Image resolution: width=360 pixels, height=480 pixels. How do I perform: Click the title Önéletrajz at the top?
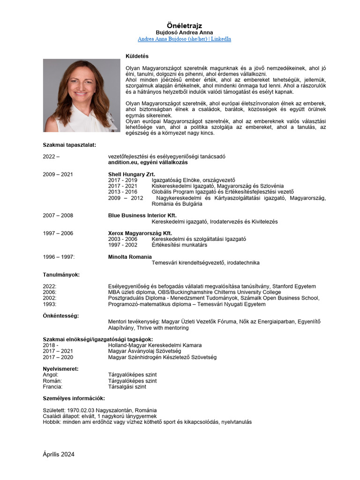click(184, 25)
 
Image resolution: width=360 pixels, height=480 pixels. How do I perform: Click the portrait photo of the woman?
click(82, 95)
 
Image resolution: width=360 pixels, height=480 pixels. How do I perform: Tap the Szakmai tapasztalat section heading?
click(69, 145)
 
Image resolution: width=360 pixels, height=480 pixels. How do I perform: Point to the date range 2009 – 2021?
click(58, 174)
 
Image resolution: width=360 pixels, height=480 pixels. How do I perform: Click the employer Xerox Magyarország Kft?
click(140, 233)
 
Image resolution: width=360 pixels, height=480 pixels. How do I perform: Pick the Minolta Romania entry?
click(130, 257)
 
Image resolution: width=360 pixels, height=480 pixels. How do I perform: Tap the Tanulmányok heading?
click(61, 275)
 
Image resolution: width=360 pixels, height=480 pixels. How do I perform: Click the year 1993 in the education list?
click(50, 304)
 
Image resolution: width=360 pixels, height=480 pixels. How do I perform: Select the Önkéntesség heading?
click(61, 316)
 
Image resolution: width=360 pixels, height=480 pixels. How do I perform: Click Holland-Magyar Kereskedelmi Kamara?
click(155, 345)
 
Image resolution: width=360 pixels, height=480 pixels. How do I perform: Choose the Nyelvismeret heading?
click(61, 369)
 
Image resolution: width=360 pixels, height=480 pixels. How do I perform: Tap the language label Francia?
click(52, 387)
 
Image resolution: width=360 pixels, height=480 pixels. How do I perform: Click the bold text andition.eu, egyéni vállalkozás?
click(148, 163)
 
